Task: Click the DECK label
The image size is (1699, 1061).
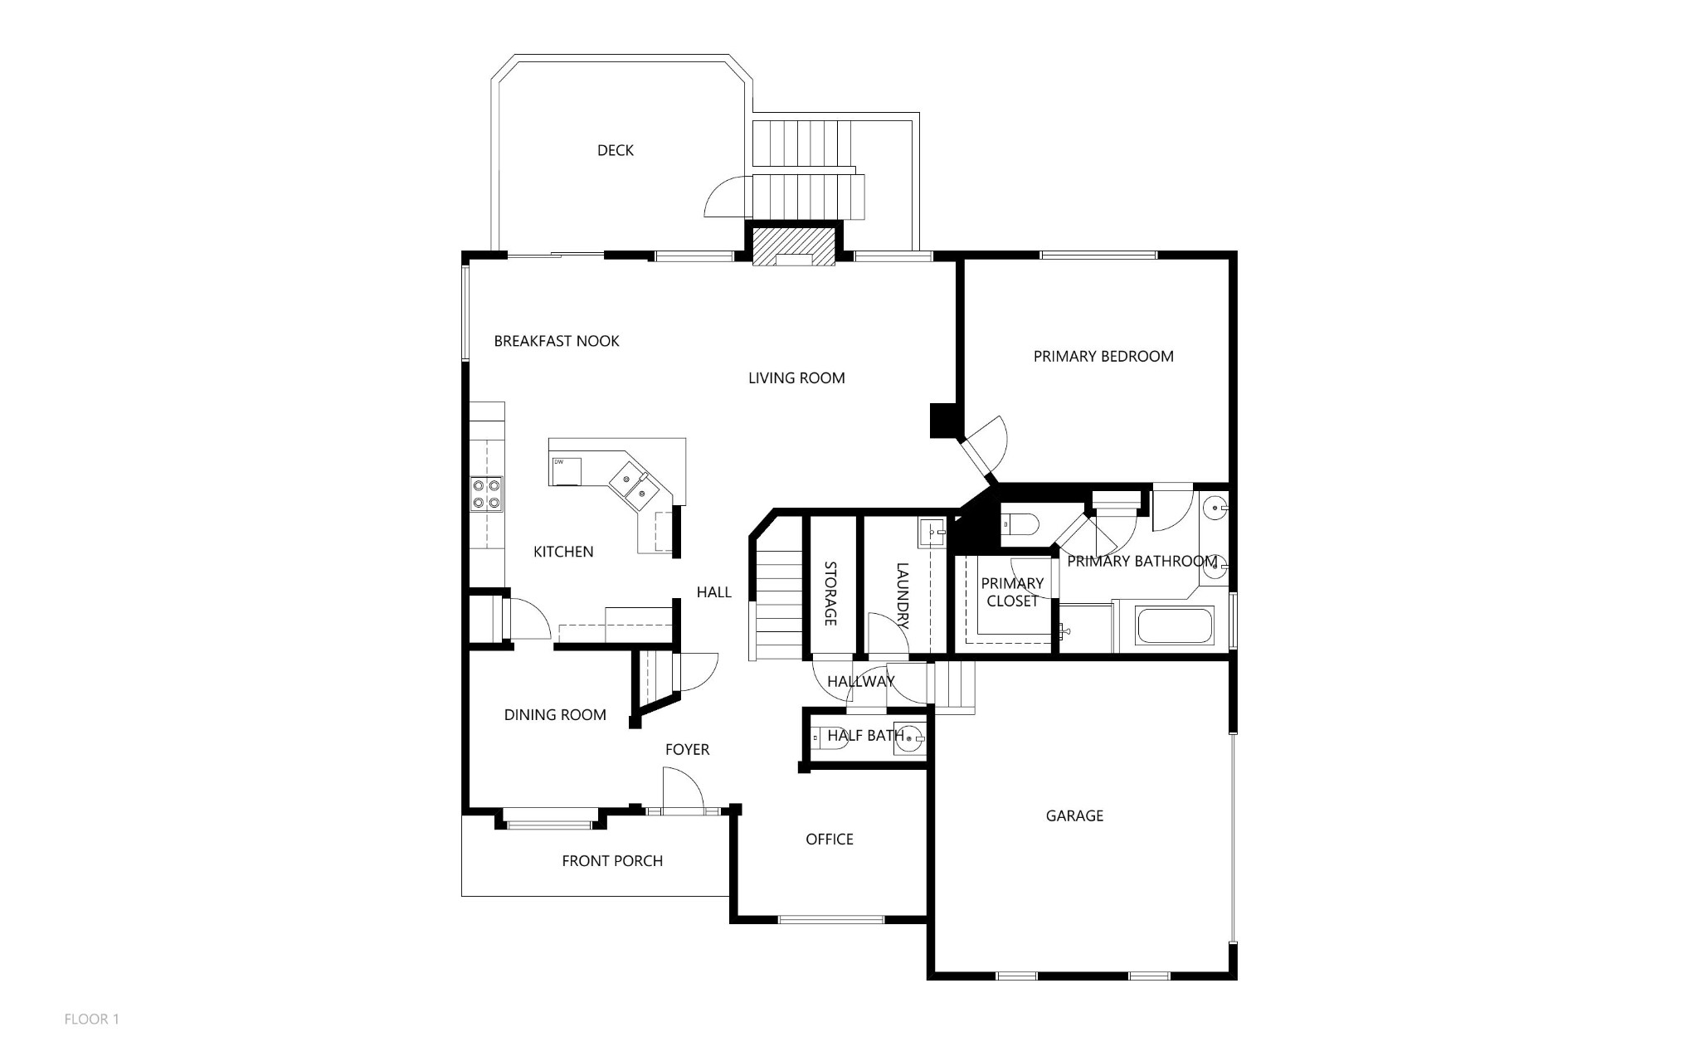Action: pos(616,150)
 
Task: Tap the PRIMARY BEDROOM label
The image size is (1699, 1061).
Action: pos(1103,357)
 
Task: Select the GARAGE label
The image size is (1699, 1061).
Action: pos(1074,816)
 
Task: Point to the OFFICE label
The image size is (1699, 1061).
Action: pos(830,840)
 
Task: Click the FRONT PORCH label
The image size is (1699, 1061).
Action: pos(612,861)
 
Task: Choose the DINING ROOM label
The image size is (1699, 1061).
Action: pos(555,715)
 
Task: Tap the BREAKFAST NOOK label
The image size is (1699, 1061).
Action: pos(557,341)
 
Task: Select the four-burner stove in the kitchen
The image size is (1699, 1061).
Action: pos(487,494)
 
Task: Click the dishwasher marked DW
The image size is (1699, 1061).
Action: pos(565,471)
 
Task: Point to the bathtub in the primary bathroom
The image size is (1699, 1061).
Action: pos(1175,625)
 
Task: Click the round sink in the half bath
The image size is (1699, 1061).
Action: pos(912,737)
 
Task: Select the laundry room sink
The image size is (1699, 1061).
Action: pos(932,532)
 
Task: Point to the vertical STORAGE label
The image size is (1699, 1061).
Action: pos(830,594)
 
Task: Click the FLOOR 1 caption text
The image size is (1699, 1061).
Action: pos(92,1020)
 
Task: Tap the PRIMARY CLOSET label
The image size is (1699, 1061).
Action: pos(1012,592)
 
